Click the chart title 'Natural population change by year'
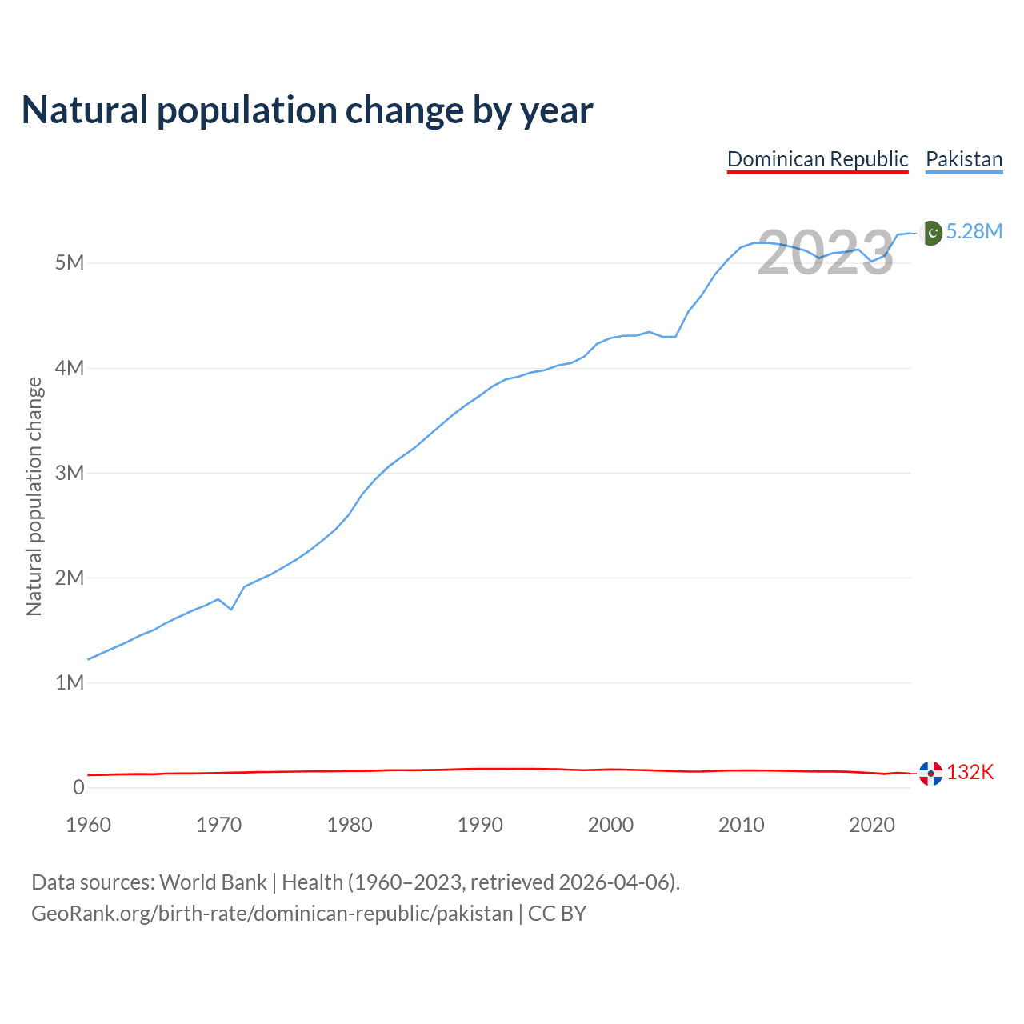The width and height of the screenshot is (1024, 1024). click(x=307, y=110)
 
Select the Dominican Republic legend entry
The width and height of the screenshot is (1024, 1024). click(x=818, y=159)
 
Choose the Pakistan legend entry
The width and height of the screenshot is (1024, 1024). click(x=964, y=159)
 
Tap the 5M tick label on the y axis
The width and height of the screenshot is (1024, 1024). click(x=69, y=263)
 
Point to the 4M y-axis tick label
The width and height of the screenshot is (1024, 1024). click(x=69, y=368)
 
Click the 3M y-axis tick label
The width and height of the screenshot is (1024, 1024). click(x=69, y=473)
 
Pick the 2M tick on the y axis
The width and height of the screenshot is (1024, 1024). click(x=69, y=578)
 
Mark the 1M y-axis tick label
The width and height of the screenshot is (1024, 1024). click(x=69, y=682)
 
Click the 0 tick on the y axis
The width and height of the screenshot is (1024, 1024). click(x=78, y=787)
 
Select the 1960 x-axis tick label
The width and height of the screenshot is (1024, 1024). click(x=88, y=825)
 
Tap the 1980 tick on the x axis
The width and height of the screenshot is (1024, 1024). click(x=350, y=825)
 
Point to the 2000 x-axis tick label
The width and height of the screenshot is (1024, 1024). click(x=610, y=825)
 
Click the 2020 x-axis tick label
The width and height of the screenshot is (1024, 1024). click(x=871, y=825)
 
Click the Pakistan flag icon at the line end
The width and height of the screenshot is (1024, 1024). click(x=930, y=233)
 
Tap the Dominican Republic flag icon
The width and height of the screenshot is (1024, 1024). click(x=930, y=773)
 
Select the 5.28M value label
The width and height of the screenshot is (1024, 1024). click(x=974, y=232)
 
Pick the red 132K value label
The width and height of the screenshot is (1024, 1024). click(x=970, y=772)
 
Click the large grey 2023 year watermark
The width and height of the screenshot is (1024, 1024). click(x=826, y=253)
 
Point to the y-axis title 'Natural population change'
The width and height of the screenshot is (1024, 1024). click(x=34, y=497)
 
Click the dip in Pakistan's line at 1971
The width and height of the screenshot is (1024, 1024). click(x=231, y=610)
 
